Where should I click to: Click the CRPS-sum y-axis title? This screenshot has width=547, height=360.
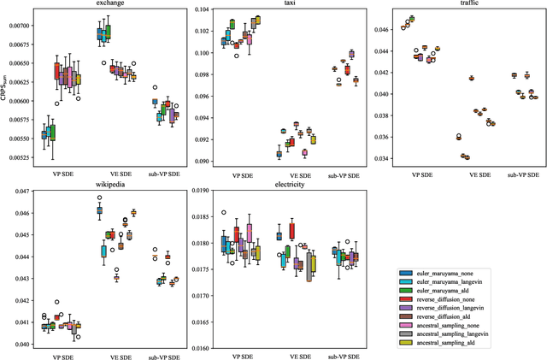click(x=6, y=88)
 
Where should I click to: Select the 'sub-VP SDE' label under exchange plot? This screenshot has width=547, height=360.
click(x=157, y=174)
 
